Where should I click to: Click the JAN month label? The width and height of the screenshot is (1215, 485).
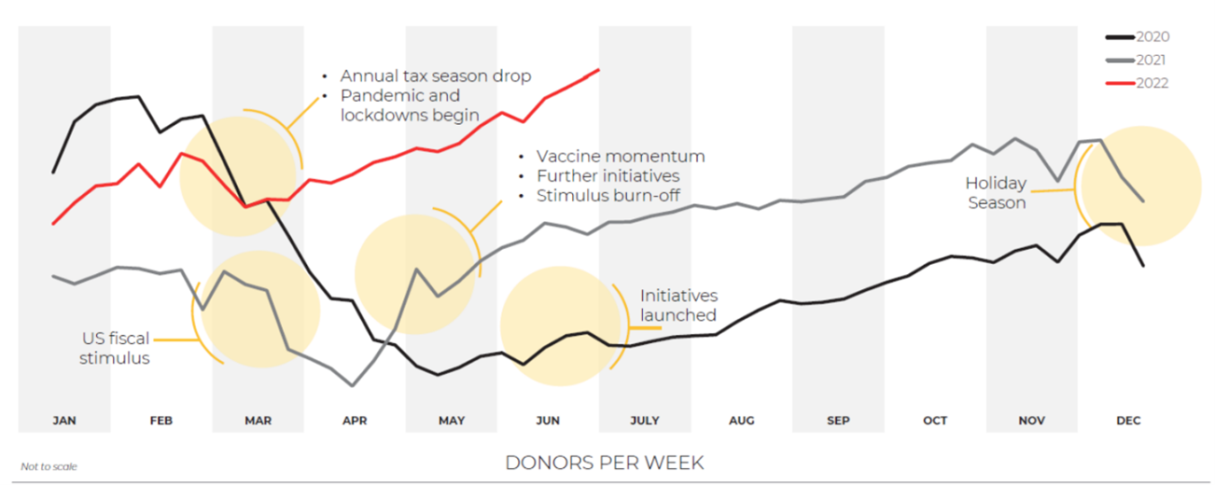[64, 421]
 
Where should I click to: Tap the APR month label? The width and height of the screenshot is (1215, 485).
[355, 421]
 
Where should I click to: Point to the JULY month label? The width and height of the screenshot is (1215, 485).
[645, 421]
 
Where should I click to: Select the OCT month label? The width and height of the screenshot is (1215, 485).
[935, 421]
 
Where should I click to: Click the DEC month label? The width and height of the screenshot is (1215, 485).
[1128, 421]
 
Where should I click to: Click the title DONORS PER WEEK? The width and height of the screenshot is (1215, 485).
[605, 463]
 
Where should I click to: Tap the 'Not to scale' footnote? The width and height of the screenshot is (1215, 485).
[49, 466]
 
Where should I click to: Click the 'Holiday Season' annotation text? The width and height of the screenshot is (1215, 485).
[996, 193]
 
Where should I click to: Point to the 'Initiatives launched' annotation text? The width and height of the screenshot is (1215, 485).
[678, 305]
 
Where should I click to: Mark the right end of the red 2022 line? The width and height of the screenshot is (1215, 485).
[598, 69]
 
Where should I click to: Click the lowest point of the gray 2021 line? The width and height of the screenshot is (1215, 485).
[352, 384]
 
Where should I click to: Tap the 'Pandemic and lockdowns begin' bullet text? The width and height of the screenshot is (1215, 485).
[410, 105]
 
